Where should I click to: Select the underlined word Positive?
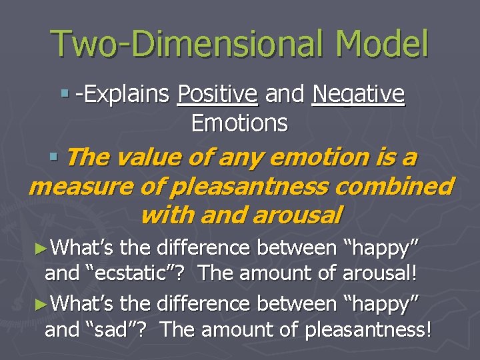217,95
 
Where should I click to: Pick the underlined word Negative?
358,95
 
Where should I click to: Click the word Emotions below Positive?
239,123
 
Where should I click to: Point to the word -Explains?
122,95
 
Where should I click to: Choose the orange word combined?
393,187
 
